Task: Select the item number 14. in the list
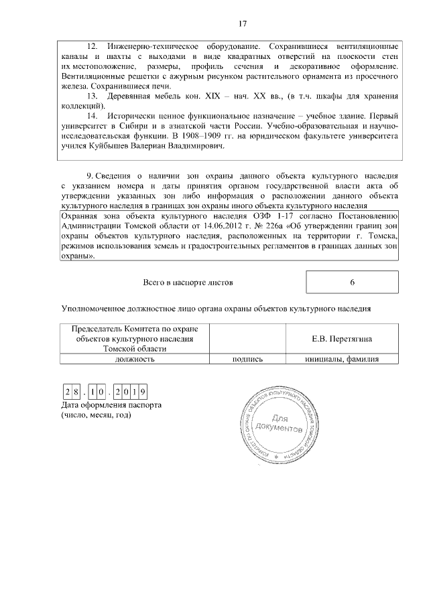point(93,116)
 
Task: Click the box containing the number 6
point(352,282)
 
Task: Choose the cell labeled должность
point(135,358)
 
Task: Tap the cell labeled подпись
point(246,358)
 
